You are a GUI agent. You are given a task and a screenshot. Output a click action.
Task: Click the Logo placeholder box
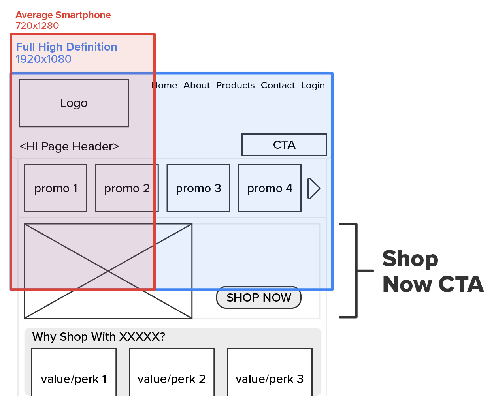[74, 103]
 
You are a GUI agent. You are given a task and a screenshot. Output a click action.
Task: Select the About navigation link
[196, 85]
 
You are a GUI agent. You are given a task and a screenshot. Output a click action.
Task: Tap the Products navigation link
[235, 85]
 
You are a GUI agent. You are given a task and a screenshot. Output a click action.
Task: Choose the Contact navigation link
[277, 85]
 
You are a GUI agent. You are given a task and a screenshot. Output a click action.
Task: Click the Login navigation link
[313, 85]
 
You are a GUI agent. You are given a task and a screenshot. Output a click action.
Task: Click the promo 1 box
[56, 188]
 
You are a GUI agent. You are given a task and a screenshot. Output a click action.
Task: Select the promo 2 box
[127, 188]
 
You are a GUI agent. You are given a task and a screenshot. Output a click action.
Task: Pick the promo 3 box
[198, 188]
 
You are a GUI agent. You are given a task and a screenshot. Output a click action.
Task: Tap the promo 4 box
[270, 188]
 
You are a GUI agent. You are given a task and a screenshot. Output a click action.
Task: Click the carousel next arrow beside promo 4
[313, 188]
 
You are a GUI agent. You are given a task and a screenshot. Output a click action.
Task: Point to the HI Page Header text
[69, 146]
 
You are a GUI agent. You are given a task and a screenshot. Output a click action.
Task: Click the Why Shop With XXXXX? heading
[99, 337]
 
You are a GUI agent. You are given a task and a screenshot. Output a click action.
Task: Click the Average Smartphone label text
[63, 15]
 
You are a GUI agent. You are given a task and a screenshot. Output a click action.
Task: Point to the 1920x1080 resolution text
[43, 59]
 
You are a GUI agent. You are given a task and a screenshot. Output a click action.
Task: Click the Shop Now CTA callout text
[433, 272]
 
